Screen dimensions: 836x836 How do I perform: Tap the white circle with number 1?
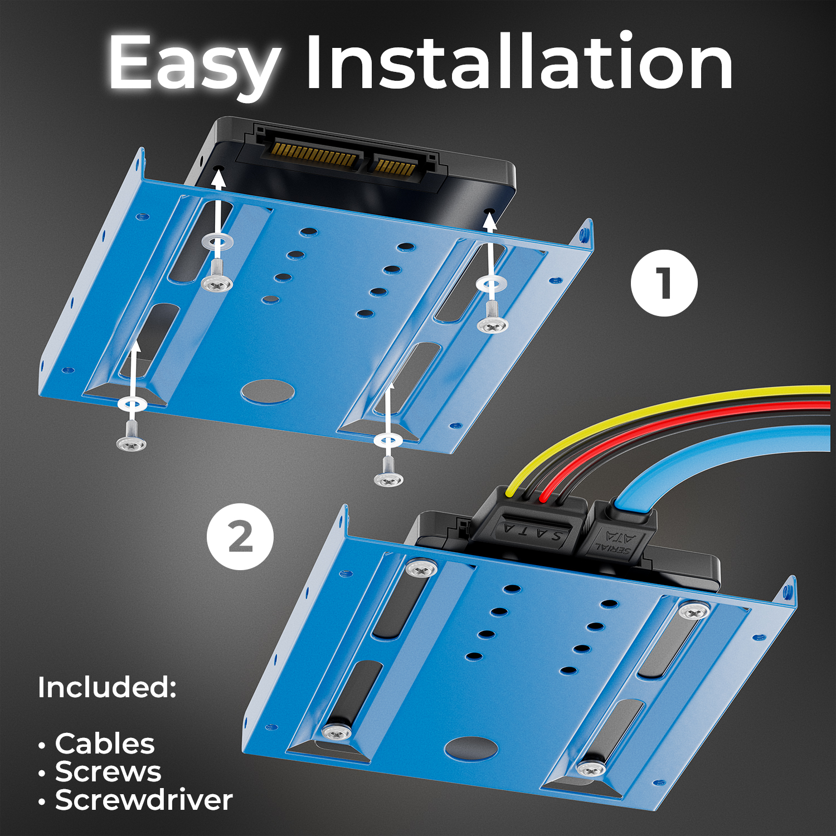coord(664,283)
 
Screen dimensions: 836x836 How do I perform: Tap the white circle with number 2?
coord(240,536)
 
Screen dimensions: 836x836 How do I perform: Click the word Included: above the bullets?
coord(107,687)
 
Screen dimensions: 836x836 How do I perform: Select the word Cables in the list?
coord(105,743)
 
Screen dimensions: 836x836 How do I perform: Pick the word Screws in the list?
coord(108,771)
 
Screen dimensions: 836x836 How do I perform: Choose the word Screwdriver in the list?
coord(144,800)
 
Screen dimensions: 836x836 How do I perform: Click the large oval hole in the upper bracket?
coord(268,391)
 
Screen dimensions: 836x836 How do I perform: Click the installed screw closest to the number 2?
coord(421,568)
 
